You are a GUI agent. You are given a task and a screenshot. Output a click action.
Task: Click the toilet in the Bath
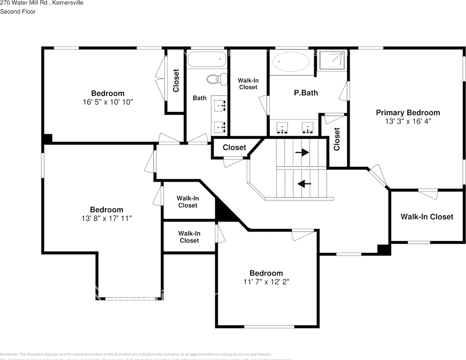click(x=217, y=79)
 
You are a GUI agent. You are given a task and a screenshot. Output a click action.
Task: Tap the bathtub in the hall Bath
click(x=207, y=59)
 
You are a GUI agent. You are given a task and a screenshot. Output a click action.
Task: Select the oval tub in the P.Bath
click(x=291, y=61)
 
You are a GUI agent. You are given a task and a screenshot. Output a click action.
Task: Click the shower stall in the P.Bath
click(x=332, y=61)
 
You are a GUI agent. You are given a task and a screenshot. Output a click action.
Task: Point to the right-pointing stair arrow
click(x=302, y=152)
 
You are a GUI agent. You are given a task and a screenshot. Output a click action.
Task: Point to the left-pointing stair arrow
click(x=304, y=184)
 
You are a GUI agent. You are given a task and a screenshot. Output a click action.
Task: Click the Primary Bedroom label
click(x=408, y=112)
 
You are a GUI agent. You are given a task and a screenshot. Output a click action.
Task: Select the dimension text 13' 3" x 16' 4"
click(x=408, y=121)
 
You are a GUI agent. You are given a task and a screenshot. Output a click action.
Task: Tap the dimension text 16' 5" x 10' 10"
click(x=108, y=102)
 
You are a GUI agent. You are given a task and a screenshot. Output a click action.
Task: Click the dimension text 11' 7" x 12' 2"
click(x=266, y=282)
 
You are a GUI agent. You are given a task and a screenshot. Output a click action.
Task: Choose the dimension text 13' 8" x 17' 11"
click(x=106, y=218)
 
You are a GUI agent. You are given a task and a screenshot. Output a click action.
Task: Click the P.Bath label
click(x=306, y=93)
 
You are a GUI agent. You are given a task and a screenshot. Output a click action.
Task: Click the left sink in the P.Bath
click(x=282, y=128)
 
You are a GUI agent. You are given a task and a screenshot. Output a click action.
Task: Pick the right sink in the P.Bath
click(x=308, y=128)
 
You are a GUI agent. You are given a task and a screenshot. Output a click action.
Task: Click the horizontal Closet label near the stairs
click(x=234, y=147)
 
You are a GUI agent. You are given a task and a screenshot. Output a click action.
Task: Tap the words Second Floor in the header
click(x=18, y=12)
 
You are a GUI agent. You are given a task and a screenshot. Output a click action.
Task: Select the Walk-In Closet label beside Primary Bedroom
click(x=427, y=217)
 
